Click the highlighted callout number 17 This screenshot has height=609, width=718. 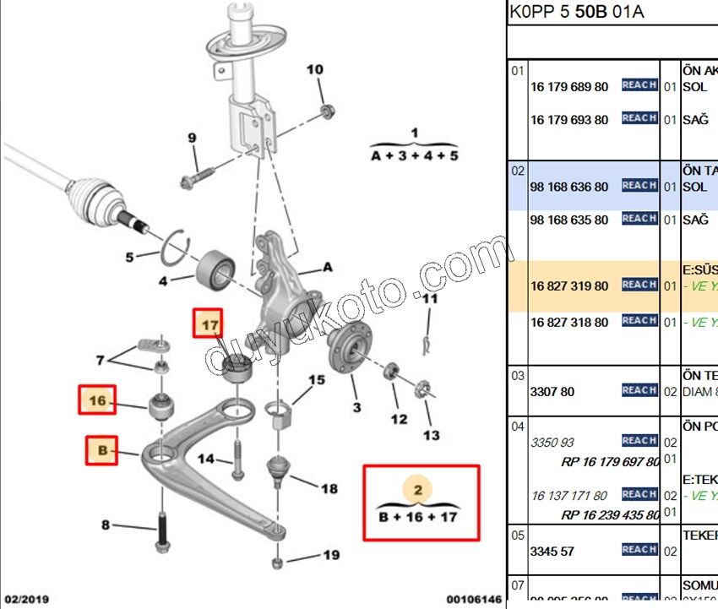click(x=209, y=324)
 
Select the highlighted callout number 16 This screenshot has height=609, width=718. click(x=98, y=400)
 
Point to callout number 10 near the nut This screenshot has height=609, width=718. click(x=314, y=69)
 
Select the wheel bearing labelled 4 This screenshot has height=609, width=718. click(x=216, y=268)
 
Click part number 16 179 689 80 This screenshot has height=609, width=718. click(x=569, y=87)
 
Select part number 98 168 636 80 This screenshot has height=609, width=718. click(x=569, y=187)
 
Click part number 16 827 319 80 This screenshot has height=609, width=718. click(x=569, y=286)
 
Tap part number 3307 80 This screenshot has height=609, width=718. click(x=552, y=391)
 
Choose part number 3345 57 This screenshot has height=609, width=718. click(x=552, y=552)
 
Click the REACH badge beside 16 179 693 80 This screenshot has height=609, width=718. click(x=639, y=119)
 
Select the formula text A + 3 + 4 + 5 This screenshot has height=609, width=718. click(x=415, y=156)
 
